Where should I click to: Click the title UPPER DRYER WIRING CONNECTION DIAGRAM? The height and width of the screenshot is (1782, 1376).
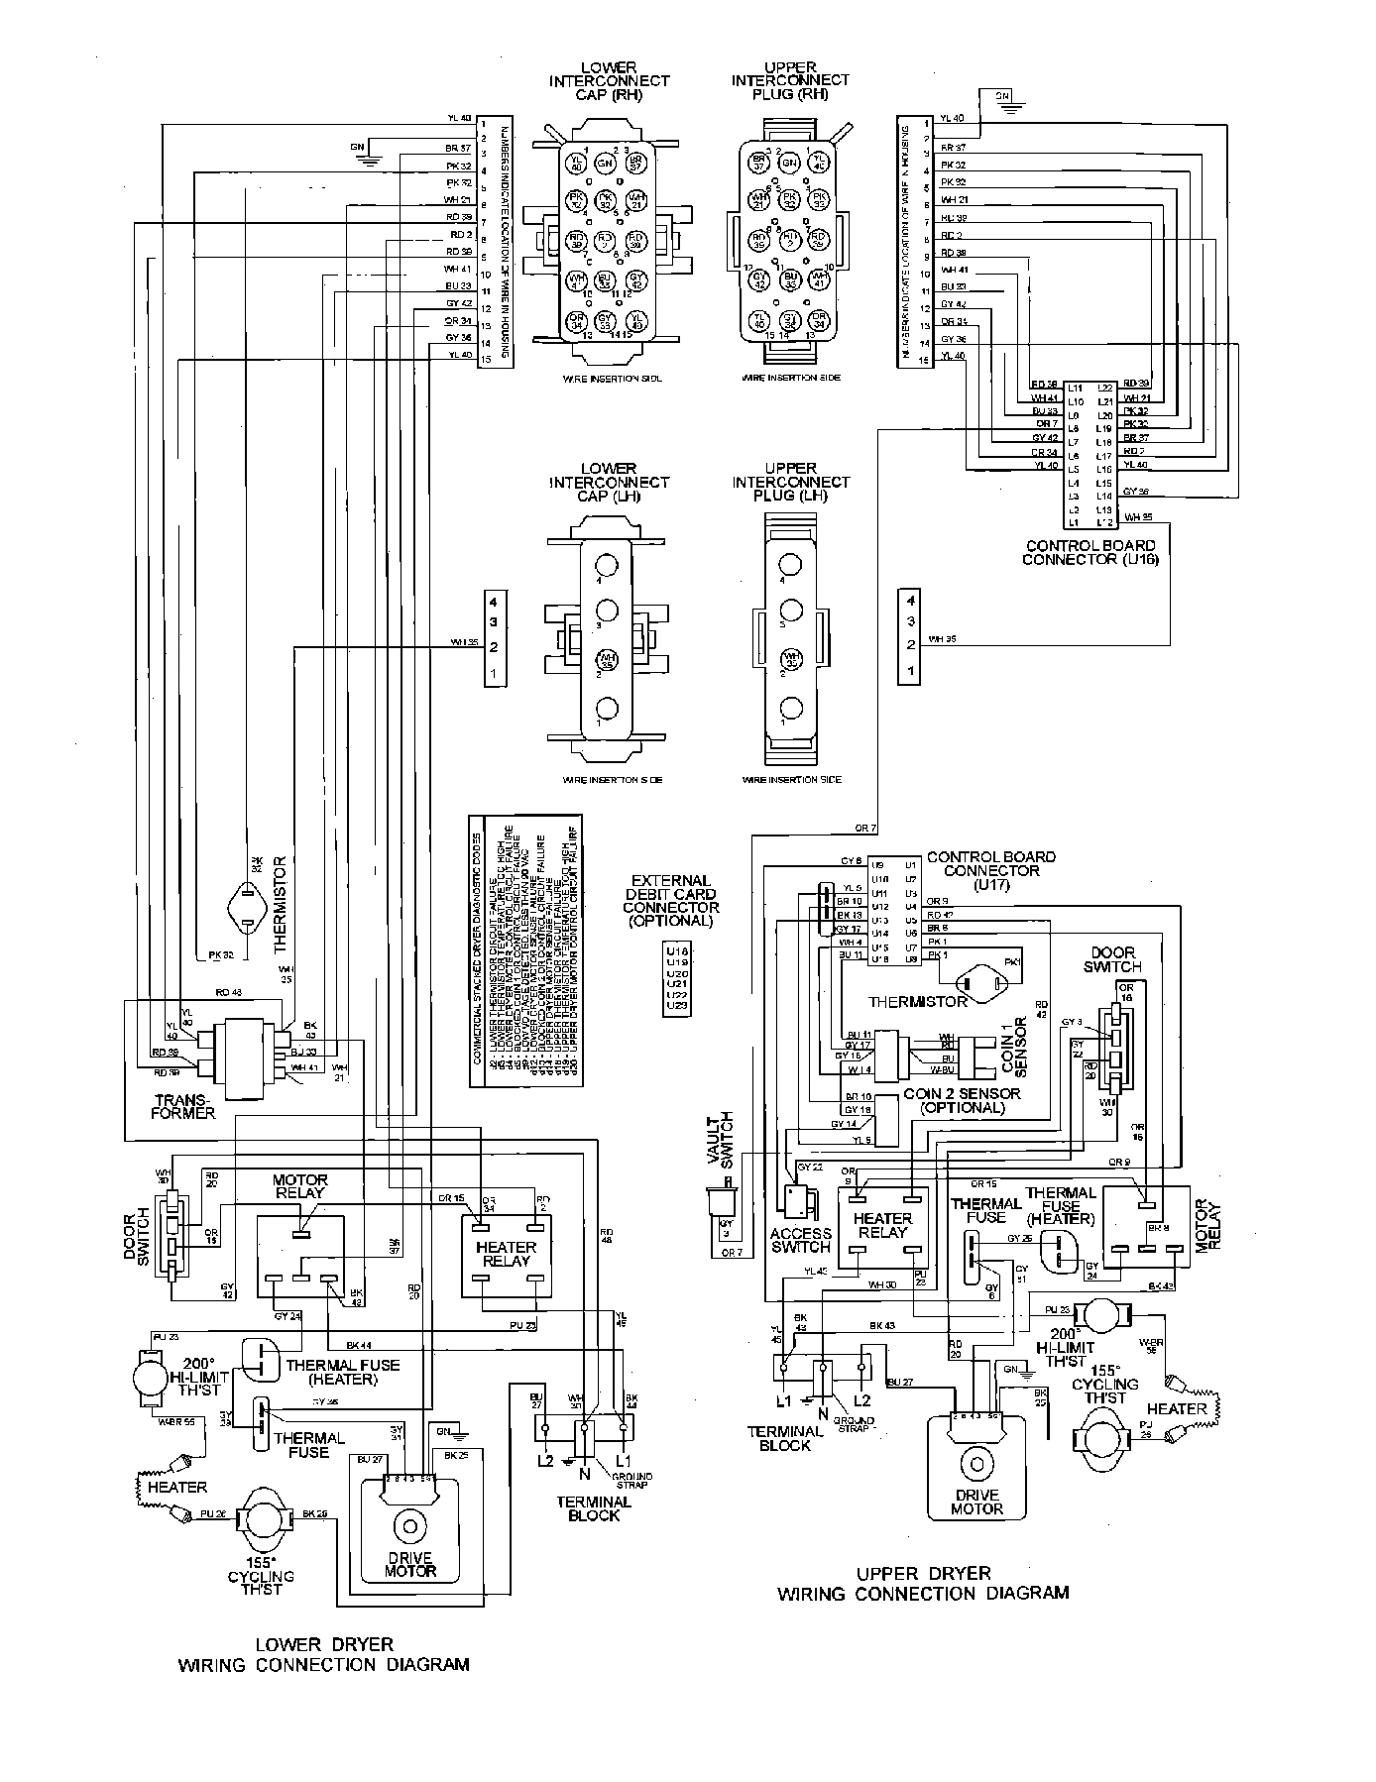pyautogui.click(x=923, y=1583)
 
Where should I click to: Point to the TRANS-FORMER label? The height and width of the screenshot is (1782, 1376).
pyautogui.click(x=184, y=1106)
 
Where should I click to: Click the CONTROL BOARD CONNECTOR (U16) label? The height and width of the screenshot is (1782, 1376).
pyautogui.click(x=1089, y=552)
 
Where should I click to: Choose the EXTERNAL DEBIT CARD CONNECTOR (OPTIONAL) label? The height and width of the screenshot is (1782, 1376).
pyautogui.click(x=671, y=900)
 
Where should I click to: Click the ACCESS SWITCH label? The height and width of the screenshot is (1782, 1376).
pyautogui.click(x=800, y=1240)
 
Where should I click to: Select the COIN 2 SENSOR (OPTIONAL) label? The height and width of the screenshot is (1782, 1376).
pyautogui.click(x=962, y=1100)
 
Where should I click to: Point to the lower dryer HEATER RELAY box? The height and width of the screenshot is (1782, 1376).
pyautogui.click(x=505, y=1255)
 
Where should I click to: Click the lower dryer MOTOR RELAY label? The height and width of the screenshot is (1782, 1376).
pyautogui.click(x=300, y=1186)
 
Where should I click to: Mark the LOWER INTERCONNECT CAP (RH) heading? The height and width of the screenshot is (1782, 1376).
pyautogui.click(x=609, y=81)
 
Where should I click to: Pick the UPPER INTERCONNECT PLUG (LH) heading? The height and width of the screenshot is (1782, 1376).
pyautogui.click(x=791, y=482)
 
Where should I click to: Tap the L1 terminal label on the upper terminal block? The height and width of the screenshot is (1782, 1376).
pyautogui.click(x=783, y=1400)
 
